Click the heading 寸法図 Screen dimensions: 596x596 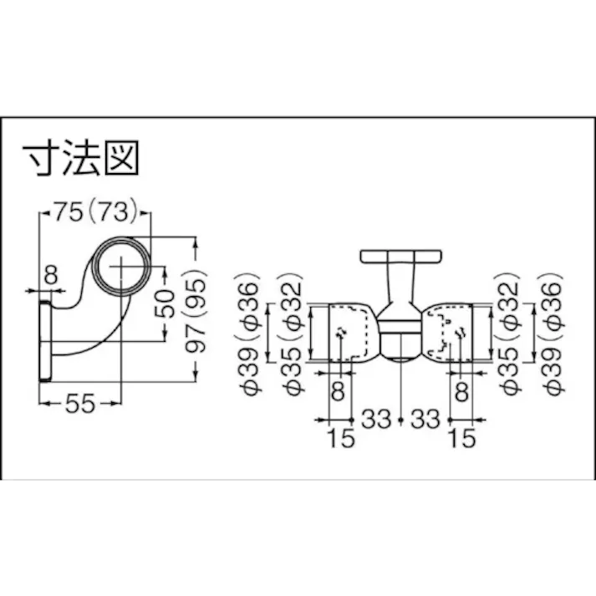(79, 159)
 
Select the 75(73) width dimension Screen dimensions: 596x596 (94, 212)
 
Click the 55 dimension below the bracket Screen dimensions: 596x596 (79, 405)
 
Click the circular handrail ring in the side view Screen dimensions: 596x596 (121, 265)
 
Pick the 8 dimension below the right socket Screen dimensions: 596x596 (462, 391)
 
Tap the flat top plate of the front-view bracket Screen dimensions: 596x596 (400, 256)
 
